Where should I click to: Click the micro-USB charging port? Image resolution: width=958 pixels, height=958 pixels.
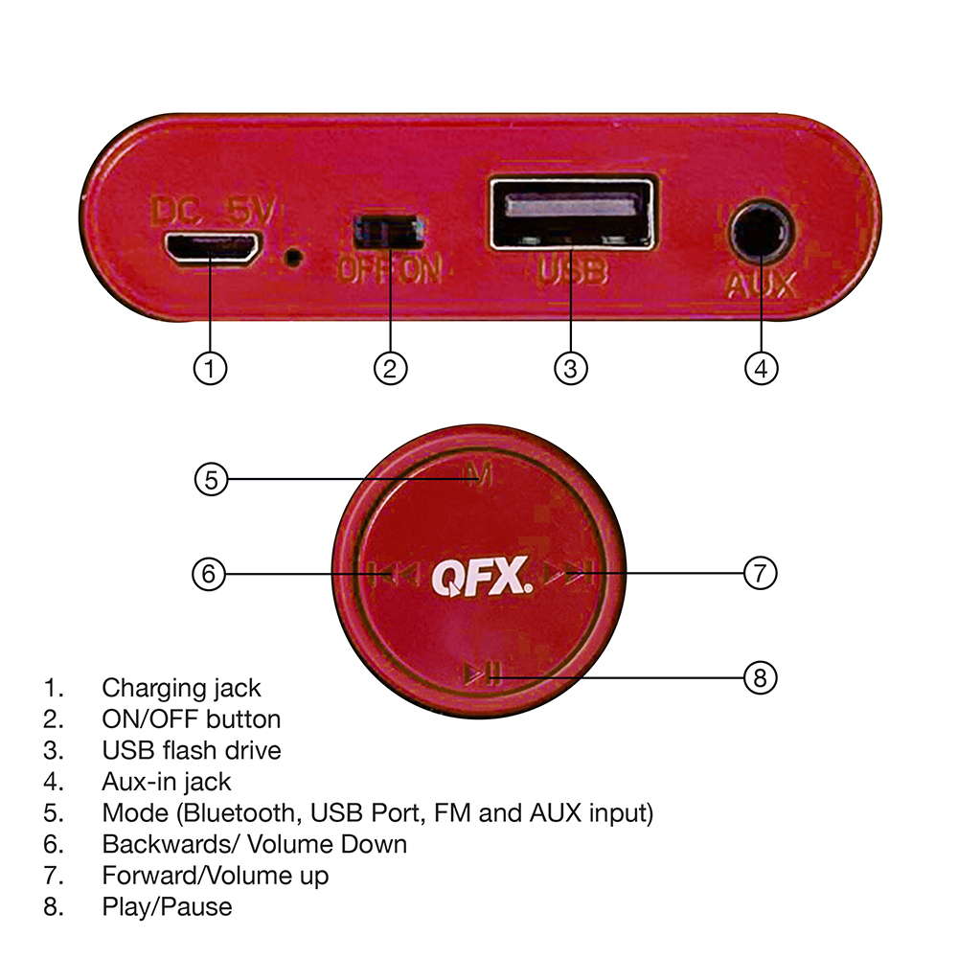(211, 249)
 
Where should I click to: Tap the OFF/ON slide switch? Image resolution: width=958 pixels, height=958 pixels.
(389, 232)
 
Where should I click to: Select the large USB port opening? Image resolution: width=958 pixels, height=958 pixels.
(573, 213)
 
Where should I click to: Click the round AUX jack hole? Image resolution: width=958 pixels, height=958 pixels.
(762, 233)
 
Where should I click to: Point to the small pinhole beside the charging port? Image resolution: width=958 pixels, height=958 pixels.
(294, 257)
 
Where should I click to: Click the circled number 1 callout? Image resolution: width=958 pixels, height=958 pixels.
(210, 369)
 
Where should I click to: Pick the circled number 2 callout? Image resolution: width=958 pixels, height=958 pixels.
(390, 369)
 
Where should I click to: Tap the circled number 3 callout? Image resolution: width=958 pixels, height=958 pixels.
(571, 369)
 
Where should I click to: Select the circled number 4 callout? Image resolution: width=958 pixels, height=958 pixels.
(762, 369)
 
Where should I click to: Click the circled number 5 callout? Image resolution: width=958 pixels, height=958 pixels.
(211, 480)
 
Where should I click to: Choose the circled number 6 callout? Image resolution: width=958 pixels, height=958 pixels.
(209, 574)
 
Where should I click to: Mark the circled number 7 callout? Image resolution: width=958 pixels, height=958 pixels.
(760, 573)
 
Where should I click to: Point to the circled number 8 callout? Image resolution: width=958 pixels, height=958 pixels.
(760, 677)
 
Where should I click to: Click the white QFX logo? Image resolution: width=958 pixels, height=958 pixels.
(482, 576)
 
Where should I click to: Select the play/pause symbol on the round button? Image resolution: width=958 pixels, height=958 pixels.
(483, 673)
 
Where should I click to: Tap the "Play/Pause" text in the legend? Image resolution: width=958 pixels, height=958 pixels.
(167, 906)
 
